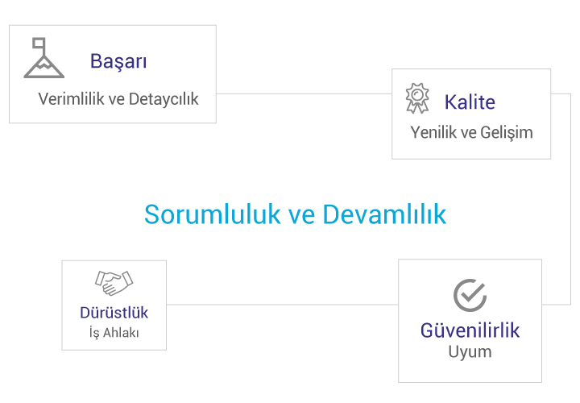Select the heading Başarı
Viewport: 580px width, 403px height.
[118, 61]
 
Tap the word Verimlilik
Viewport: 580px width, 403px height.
[72, 99]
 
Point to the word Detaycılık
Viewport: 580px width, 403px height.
[164, 99]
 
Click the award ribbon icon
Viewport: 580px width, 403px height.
[417, 98]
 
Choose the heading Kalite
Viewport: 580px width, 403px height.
[470, 102]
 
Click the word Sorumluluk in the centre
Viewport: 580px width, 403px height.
[213, 214]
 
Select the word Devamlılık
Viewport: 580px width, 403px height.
[384, 214]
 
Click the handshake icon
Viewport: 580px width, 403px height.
[114, 283]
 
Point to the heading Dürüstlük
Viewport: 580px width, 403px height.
[114, 313]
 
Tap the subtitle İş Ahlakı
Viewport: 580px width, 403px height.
[114, 332]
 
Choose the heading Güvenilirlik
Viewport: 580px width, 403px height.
[470, 330]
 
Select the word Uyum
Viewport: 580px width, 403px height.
[470, 352]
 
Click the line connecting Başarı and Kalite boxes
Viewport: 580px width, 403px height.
[304, 93]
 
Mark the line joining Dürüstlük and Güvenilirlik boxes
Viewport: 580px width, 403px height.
[282, 305]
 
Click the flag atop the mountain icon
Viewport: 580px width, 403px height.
[39, 43]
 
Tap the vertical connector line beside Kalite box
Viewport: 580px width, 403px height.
[571, 199]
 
